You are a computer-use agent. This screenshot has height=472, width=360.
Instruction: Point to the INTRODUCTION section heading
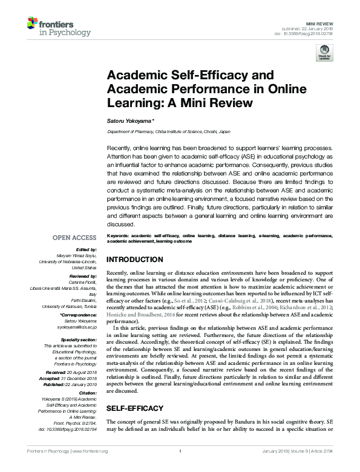(x=134, y=260)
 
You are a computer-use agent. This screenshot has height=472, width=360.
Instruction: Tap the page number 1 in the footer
(x=180, y=451)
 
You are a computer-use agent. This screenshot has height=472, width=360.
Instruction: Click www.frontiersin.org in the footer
(x=90, y=451)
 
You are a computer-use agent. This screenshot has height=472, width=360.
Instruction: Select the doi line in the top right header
(x=317, y=33)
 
